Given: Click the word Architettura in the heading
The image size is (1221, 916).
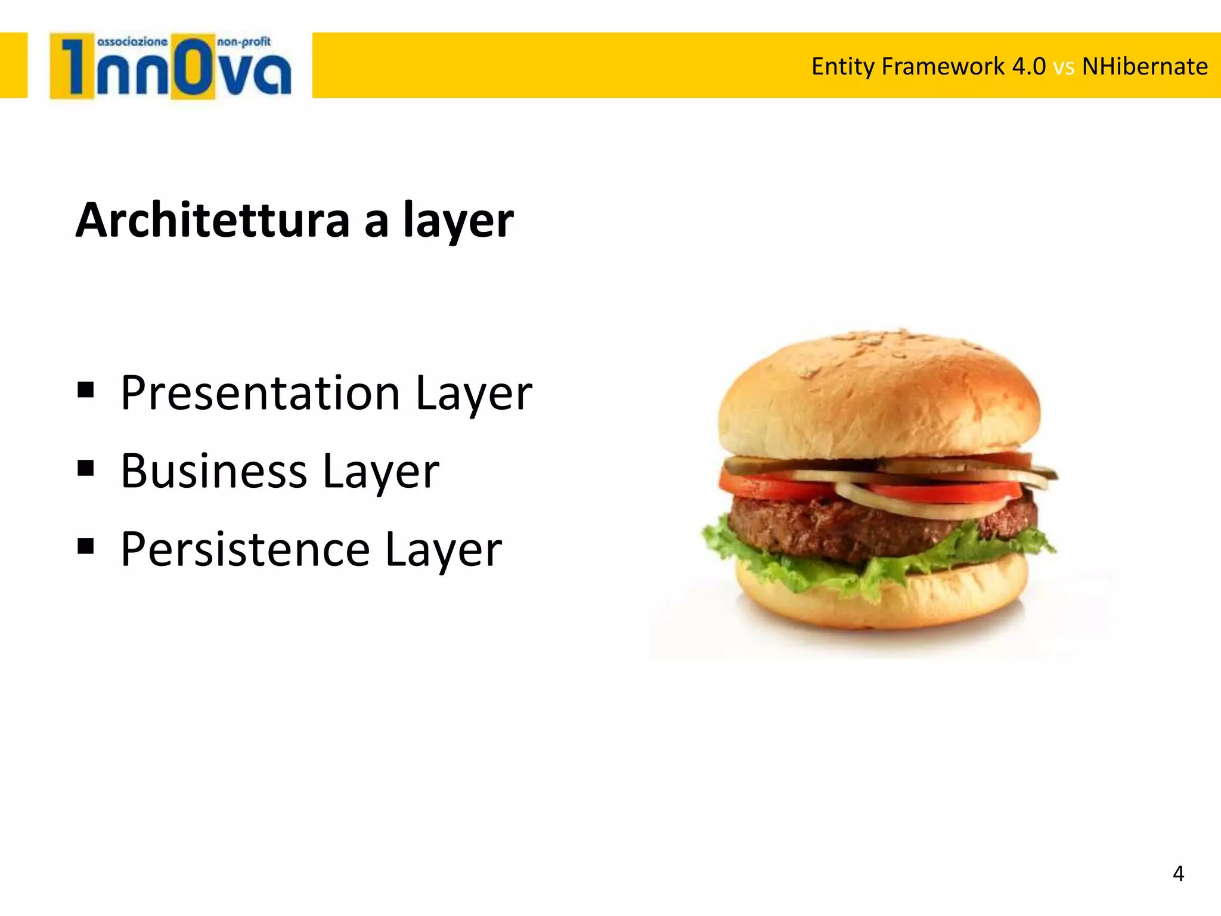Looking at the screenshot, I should pyautogui.click(x=212, y=220).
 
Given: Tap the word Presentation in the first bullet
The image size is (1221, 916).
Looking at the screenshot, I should pyautogui.click(x=260, y=393).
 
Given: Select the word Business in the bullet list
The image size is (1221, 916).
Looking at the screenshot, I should pyautogui.click(x=214, y=471).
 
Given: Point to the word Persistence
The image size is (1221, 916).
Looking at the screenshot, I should pyautogui.click(x=245, y=549).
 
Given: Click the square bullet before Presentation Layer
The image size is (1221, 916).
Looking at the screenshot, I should pyautogui.click(x=86, y=390).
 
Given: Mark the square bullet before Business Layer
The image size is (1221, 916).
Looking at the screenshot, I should pyautogui.click(x=86, y=468).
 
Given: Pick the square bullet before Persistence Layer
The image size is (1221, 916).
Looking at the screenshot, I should pyautogui.click(x=86, y=546).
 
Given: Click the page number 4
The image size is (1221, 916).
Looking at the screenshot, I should pyautogui.click(x=1178, y=874).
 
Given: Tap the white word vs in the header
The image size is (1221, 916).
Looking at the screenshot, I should pyautogui.click(x=1064, y=67).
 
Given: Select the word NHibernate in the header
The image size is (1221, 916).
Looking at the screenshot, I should pyautogui.click(x=1145, y=66).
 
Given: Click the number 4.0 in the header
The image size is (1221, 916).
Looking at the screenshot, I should pyautogui.click(x=1029, y=66).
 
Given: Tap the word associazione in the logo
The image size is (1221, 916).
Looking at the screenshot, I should pyautogui.click(x=132, y=42).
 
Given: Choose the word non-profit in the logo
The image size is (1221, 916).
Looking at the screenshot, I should pyautogui.click(x=244, y=42).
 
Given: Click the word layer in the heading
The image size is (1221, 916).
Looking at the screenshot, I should pyautogui.click(x=458, y=220).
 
